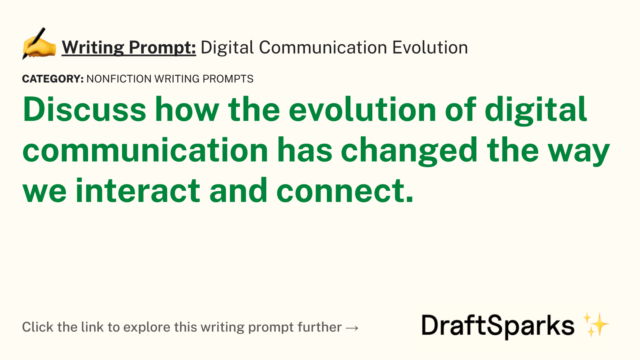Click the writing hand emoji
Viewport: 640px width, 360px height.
pos(39,44)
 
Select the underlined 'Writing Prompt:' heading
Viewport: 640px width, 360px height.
pos(129,48)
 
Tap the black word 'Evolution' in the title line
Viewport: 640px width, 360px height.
pos(430,48)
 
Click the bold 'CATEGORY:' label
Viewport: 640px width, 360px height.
pos(53,79)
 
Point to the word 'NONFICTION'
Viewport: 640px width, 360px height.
pos(119,79)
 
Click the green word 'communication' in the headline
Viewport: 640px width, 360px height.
pos(146,150)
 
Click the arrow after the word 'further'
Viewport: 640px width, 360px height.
pos(352,328)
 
